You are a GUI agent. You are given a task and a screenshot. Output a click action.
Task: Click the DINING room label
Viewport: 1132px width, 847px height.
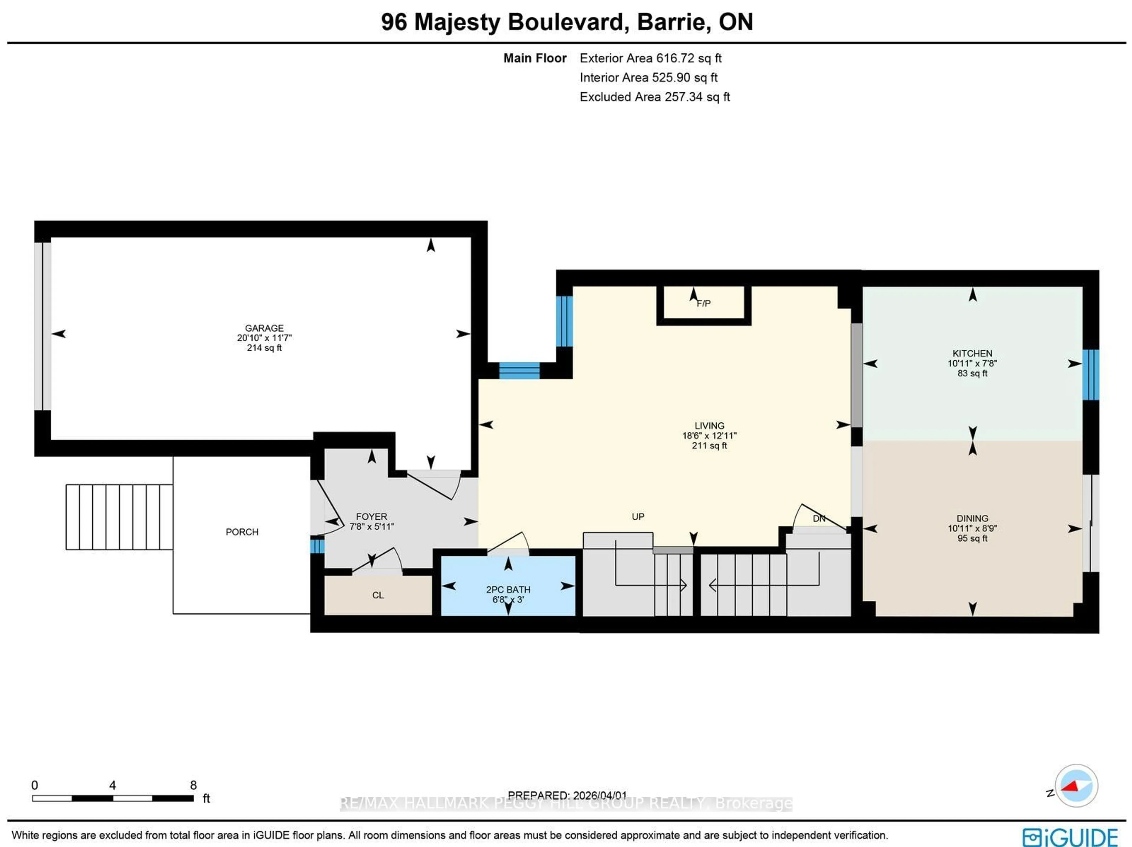[x=972, y=518]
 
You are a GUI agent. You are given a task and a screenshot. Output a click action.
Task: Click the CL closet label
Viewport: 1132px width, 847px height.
[x=378, y=595]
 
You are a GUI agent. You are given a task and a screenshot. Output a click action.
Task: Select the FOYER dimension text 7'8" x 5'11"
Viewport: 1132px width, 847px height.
[x=371, y=526]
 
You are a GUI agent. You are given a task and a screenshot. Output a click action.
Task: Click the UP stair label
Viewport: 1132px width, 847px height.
[x=638, y=516]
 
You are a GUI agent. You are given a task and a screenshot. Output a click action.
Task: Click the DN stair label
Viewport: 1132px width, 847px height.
[x=819, y=518]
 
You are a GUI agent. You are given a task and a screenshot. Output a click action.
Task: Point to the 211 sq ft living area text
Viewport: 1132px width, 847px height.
[x=709, y=445]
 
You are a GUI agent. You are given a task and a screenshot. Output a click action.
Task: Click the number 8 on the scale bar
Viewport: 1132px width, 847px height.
[x=193, y=785]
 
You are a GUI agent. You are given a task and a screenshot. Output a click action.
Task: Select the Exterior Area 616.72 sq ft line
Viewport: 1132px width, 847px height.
[x=650, y=58]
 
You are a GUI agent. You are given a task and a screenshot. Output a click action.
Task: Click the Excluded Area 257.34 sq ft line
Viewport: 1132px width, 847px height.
[x=654, y=97]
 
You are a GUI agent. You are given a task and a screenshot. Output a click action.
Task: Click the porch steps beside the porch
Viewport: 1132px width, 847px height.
[x=119, y=516]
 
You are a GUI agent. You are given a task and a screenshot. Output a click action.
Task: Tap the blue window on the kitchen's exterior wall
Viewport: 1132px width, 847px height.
[x=1090, y=374]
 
